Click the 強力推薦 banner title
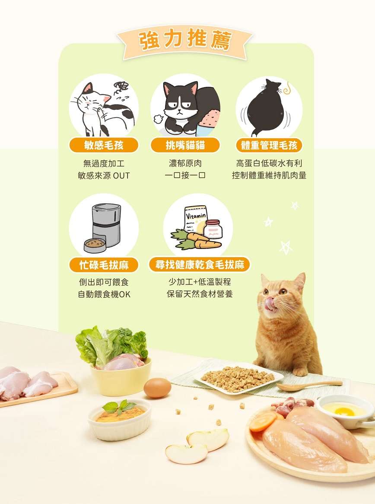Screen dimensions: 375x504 tap(185, 41)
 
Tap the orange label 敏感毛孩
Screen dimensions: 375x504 tap(103, 145)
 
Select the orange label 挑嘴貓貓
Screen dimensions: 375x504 tap(185, 145)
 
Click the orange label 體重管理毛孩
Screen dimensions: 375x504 tap(269, 145)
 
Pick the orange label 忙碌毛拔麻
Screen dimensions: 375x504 tap(104, 265)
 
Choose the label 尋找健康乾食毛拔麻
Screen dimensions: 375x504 tap(200, 265)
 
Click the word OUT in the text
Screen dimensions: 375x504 tap(121, 176)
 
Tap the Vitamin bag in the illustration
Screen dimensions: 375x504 tap(195, 220)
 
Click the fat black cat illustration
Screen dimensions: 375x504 tap(267, 108)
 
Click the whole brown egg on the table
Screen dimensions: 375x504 tap(157, 388)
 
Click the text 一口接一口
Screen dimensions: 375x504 tap(185, 175)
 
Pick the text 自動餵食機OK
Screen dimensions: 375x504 tap(104, 294)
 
